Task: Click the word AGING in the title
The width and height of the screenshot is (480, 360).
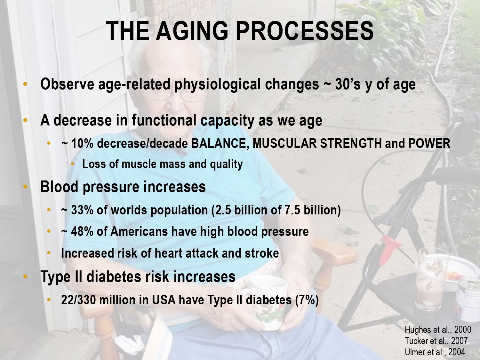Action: click(192, 31)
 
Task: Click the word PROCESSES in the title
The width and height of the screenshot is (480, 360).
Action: click(305, 31)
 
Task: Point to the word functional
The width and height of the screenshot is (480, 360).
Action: click(164, 120)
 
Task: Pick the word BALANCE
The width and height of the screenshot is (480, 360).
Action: click(220, 144)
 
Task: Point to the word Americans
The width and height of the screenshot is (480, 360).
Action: click(139, 231)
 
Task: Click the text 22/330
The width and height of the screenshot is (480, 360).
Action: click(78, 300)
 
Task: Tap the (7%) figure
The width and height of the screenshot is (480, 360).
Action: click(307, 300)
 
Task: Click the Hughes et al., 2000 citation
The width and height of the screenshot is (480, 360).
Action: click(438, 330)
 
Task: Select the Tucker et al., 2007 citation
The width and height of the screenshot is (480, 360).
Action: click(436, 341)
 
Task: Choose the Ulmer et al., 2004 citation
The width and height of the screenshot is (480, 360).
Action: click(435, 352)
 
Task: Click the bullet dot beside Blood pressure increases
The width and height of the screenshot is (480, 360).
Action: click(25, 187)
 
